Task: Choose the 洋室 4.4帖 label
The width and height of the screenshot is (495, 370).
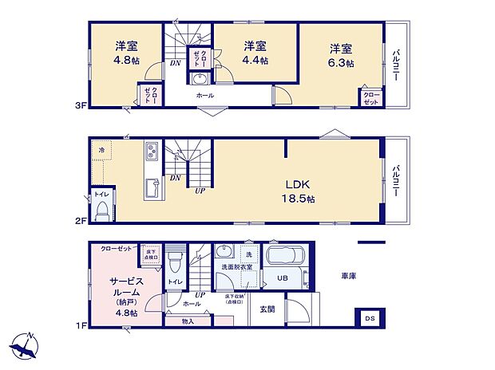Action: [255, 52]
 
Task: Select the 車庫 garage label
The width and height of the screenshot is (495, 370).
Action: [348, 276]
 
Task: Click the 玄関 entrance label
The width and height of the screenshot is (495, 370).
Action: [266, 309]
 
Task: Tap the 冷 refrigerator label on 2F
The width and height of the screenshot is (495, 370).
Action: [101, 149]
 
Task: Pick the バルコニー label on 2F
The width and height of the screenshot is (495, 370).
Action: [396, 180]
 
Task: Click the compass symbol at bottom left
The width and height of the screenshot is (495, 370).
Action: [26, 344]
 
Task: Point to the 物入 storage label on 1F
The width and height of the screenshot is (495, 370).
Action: [187, 321]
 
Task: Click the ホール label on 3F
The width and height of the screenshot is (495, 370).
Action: [204, 95]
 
